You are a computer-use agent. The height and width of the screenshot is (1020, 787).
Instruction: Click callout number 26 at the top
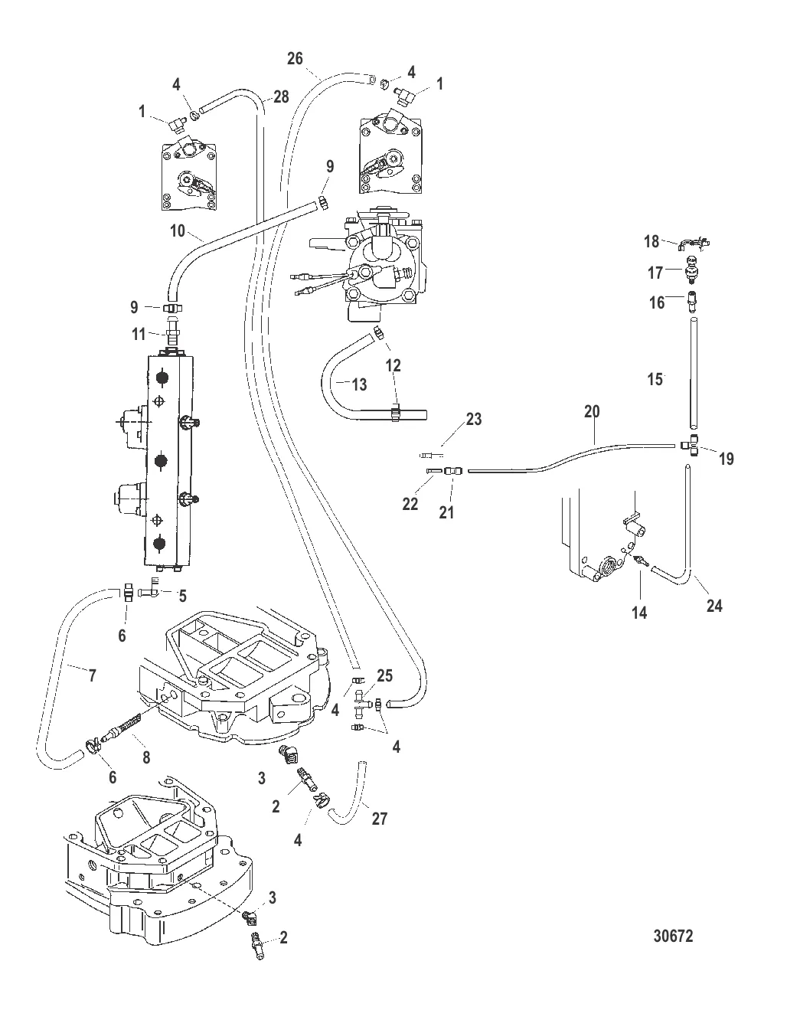click(x=296, y=58)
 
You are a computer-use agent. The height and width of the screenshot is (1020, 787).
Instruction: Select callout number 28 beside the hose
click(x=282, y=96)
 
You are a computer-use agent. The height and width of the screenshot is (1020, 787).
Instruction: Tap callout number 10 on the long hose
click(x=178, y=230)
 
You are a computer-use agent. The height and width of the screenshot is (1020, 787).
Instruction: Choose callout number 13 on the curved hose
click(x=360, y=384)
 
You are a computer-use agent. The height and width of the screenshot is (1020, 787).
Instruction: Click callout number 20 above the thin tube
click(x=591, y=411)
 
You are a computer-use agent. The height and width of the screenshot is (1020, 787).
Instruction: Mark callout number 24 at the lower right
click(x=714, y=605)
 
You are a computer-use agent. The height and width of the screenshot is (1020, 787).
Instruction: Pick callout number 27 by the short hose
click(x=379, y=819)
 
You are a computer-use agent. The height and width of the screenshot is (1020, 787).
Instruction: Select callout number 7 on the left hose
click(x=93, y=675)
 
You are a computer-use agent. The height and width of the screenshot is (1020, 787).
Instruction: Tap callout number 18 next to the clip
click(x=651, y=242)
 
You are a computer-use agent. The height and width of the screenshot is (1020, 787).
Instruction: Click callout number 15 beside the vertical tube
click(x=655, y=379)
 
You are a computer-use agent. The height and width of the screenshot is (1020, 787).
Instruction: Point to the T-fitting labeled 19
click(x=692, y=444)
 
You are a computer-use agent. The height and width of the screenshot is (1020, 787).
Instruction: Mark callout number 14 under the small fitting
click(x=638, y=613)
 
